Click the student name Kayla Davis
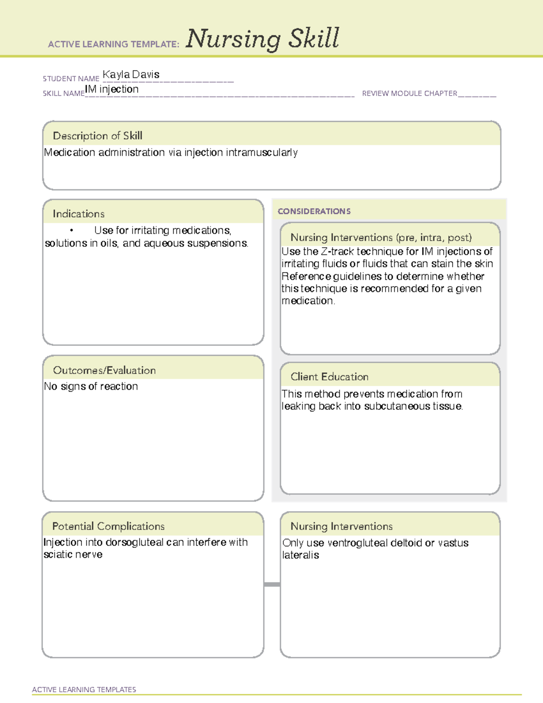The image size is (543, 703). tap(131, 75)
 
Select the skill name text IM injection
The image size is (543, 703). tap(112, 89)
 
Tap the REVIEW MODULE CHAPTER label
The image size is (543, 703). tap(410, 93)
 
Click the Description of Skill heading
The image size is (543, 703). tap(98, 136)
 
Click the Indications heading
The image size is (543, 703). tap(79, 214)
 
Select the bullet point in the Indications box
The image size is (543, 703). tap(71, 231)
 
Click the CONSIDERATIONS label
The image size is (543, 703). tap(314, 211)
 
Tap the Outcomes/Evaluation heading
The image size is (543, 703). tap(105, 370)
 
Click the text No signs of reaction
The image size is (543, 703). tap(91, 387)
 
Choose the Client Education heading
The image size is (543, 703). tap(329, 377)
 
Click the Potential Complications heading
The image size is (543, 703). tap(109, 526)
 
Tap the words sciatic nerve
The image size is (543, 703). tap(73, 555)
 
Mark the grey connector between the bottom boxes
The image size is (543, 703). tap(272, 584)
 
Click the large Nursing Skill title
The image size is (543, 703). tap(262, 38)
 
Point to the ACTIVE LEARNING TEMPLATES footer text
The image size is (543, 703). tap(84, 689)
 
